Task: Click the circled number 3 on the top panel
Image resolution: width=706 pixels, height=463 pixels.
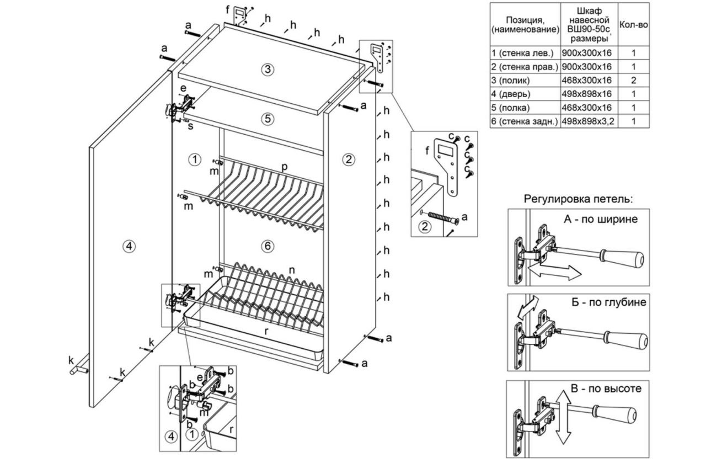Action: point(267,70)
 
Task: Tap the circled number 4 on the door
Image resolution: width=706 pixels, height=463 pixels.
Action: point(129,247)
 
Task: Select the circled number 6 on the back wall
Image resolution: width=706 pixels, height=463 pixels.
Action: point(268,247)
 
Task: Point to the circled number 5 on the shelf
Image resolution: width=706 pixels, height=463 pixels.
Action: point(267,118)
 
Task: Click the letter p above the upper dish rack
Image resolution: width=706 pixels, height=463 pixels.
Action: point(285,166)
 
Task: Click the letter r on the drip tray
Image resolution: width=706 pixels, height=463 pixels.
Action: point(266,331)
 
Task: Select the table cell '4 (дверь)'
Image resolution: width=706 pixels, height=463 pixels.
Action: point(525,94)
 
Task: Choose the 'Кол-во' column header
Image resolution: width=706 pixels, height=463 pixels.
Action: point(634,25)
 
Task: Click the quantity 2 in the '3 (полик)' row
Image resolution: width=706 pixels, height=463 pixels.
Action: point(634,80)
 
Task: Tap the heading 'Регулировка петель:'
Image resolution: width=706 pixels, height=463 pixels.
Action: point(579,199)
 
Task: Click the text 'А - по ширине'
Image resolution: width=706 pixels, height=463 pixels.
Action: point(601,219)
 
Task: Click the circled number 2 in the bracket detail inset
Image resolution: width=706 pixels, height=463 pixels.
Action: point(424,226)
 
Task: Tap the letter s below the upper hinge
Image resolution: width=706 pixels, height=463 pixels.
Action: point(190,127)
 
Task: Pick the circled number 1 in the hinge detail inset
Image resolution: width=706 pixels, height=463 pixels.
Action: point(191,434)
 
